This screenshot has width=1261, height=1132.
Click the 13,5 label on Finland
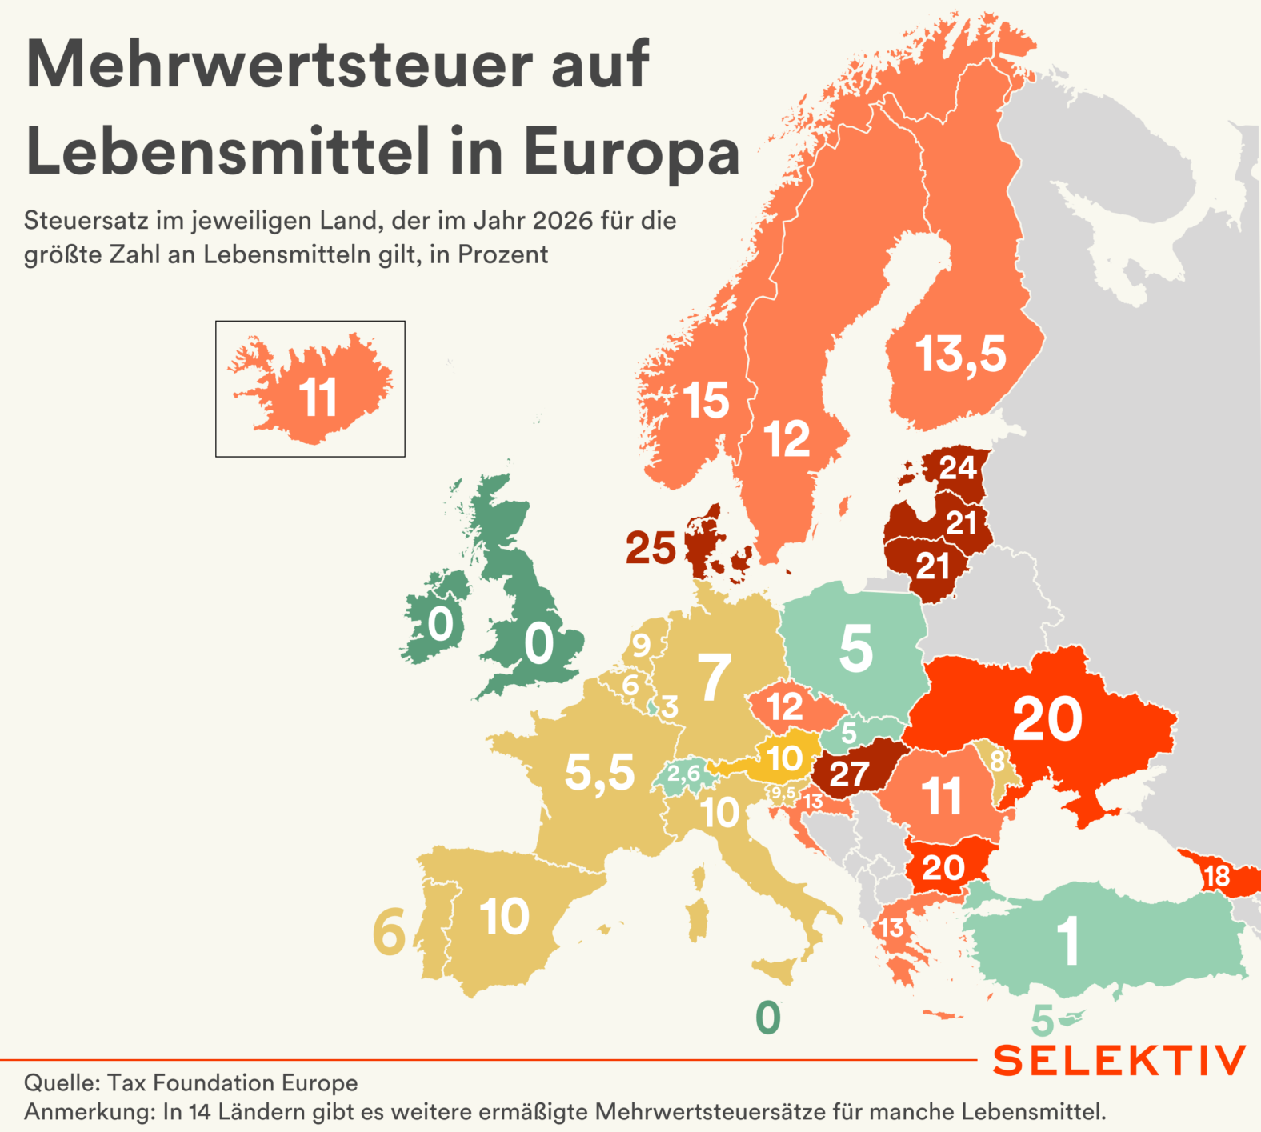coord(960,354)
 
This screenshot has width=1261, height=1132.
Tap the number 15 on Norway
coord(706,400)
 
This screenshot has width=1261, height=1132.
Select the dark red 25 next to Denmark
coord(651,549)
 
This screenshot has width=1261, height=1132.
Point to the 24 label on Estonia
coord(958,467)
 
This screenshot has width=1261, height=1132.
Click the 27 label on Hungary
coord(849,774)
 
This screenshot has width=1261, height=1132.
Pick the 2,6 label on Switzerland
coord(683,774)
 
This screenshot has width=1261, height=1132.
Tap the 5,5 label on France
coord(599,773)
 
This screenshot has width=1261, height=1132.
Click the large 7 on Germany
coord(714,677)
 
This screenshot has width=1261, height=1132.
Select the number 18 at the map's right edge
coord(1216,876)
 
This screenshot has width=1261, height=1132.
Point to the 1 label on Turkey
coord(1068,941)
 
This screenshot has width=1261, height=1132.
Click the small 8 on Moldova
coord(997,760)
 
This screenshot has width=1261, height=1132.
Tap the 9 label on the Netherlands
coord(641,645)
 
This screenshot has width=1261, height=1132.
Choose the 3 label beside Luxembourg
coord(669,707)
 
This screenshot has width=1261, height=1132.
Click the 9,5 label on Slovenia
coord(783,793)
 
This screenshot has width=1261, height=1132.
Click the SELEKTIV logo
coord(1119,1061)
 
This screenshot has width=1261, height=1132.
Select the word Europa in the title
coord(631,151)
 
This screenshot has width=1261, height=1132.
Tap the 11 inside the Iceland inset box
coord(318,398)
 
